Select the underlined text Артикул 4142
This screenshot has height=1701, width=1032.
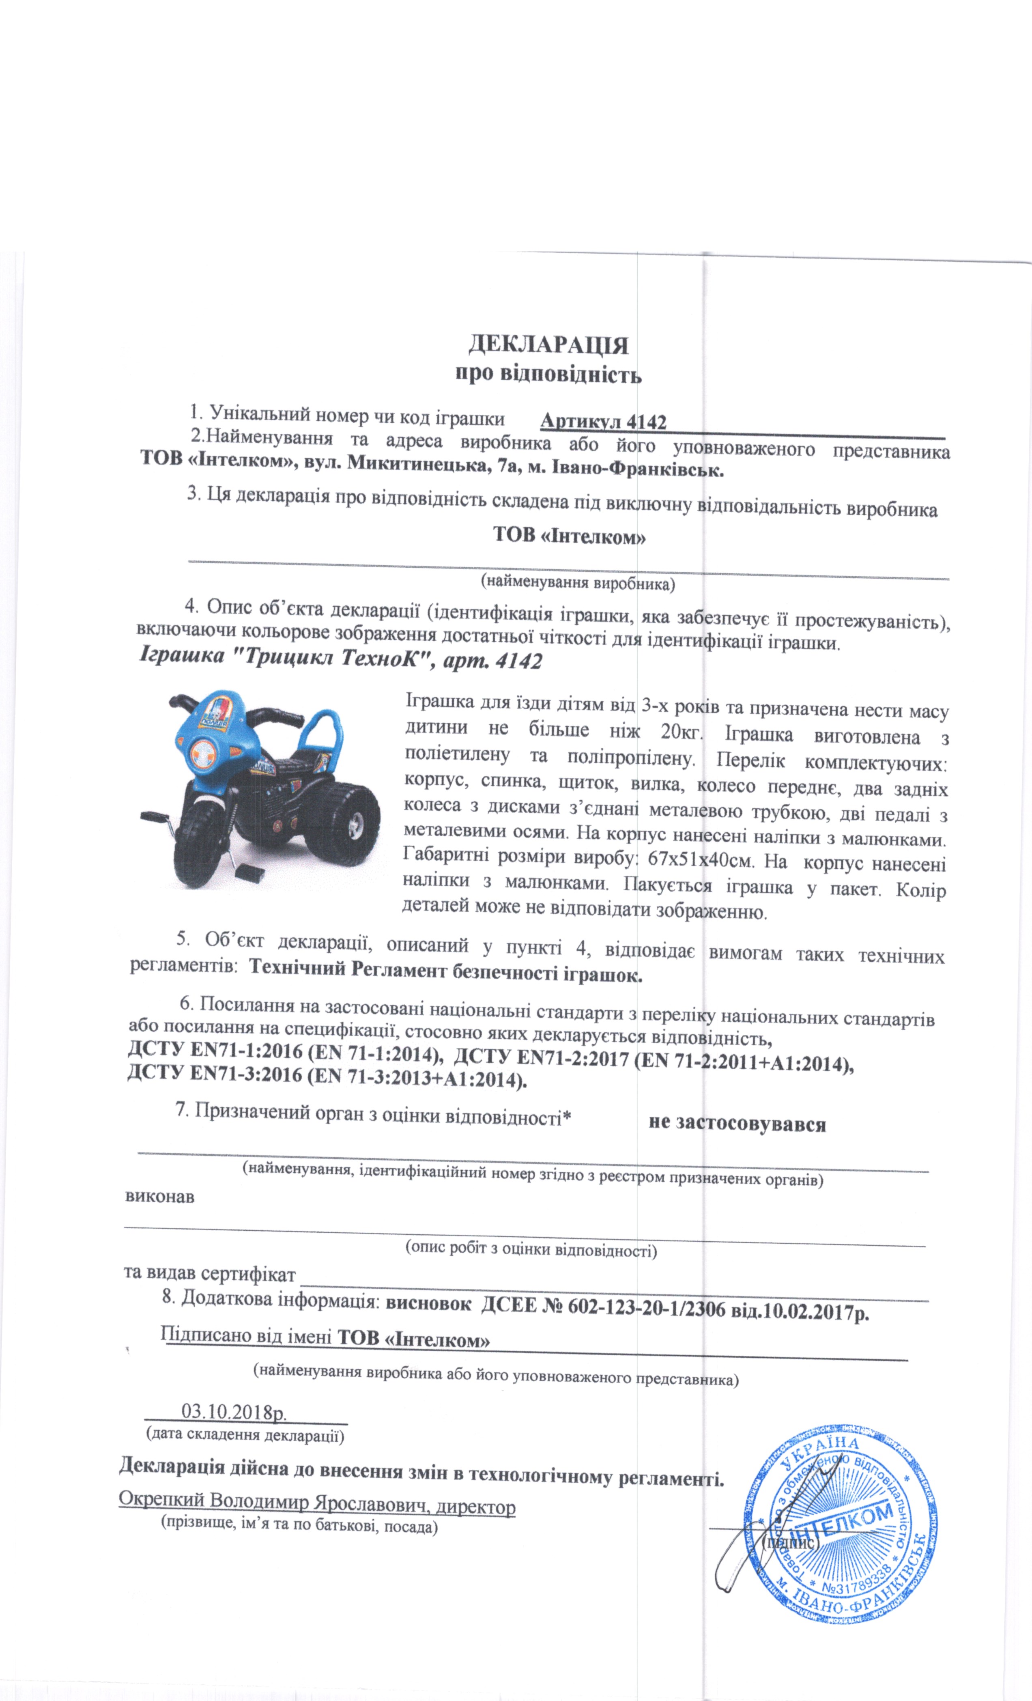tap(603, 421)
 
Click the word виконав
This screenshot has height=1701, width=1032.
tap(159, 1196)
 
